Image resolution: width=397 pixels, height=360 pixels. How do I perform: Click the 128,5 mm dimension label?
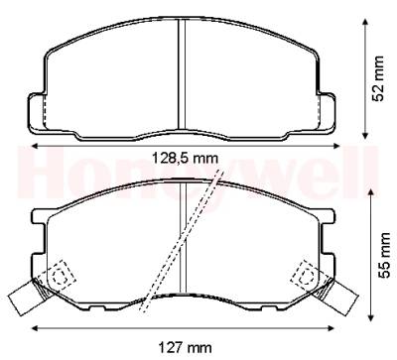(x=185, y=159)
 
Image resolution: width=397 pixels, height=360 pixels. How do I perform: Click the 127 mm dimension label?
(x=185, y=348)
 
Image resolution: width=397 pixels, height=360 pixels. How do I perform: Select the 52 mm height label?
(x=378, y=78)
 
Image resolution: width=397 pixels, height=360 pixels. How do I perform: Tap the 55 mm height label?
(x=384, y=255)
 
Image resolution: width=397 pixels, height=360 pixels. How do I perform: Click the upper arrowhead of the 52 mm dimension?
(x=365, y=22)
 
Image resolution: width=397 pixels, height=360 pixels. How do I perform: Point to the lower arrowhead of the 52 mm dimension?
(x=365, y=135)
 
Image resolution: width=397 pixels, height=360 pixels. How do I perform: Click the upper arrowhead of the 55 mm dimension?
(x=371, y=194)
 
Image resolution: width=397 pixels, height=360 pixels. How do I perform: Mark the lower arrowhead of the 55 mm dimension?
(x=371, y=316)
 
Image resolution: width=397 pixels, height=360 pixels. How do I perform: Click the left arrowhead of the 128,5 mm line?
(x=36, y=146)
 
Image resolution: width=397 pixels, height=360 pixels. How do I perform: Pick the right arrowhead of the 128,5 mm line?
(x=335, y=146)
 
